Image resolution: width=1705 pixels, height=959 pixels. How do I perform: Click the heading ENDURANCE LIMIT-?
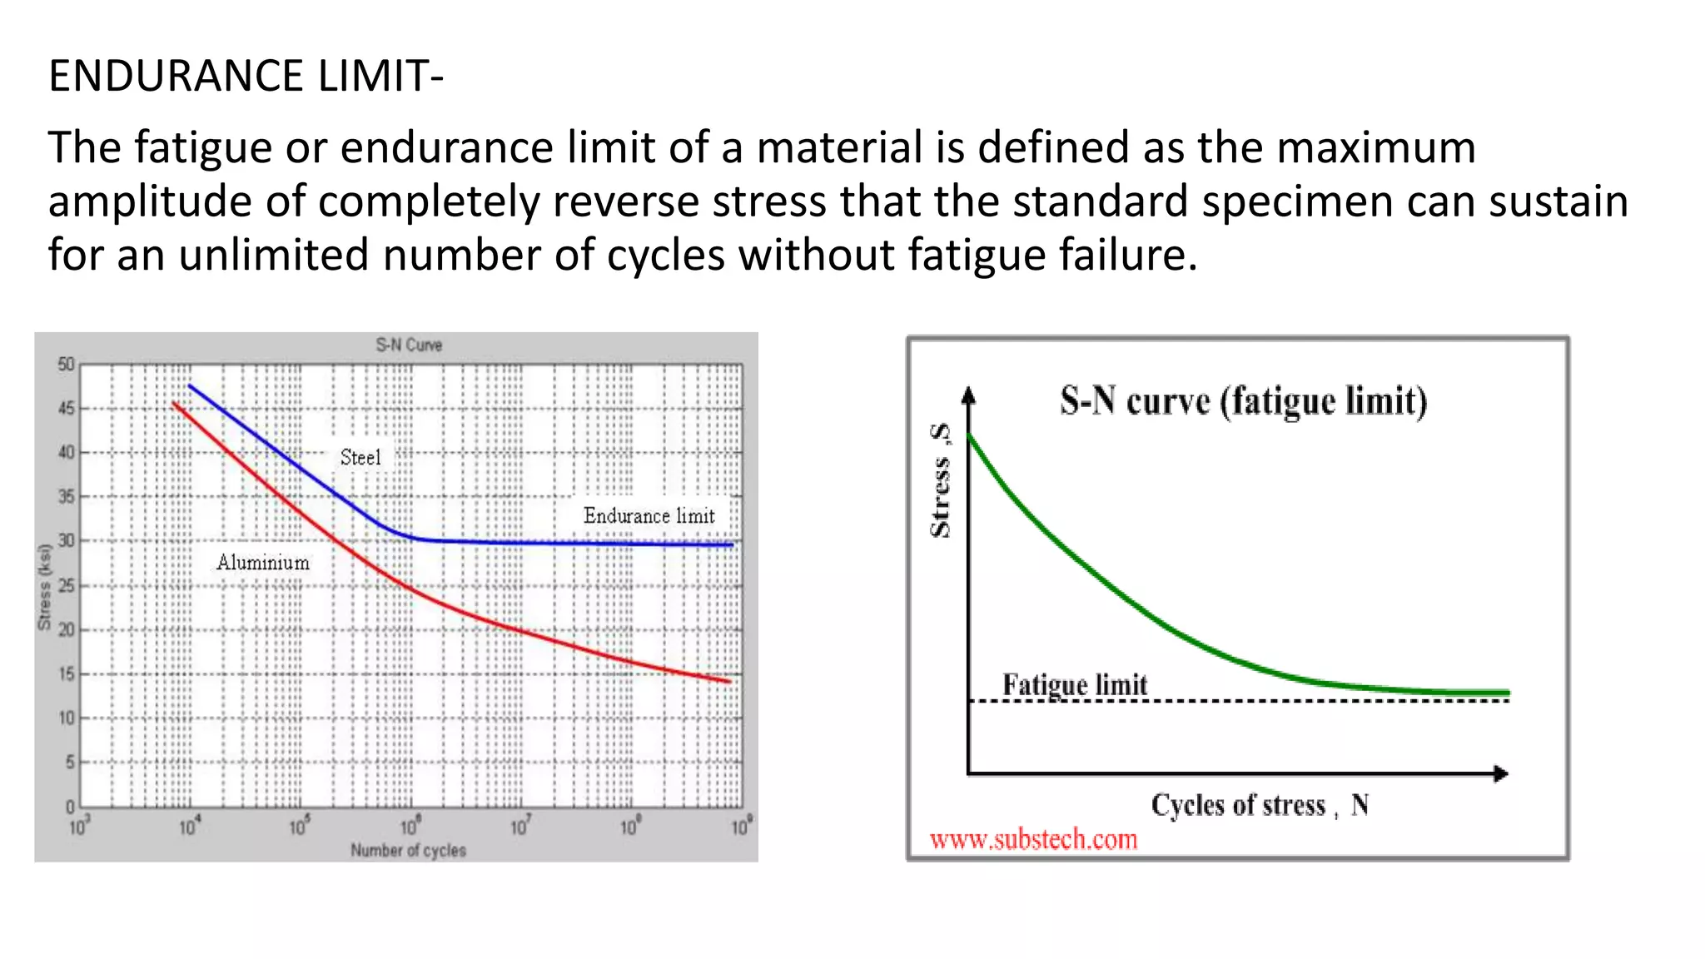click(246, 76)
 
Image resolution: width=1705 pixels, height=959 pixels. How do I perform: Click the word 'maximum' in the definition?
click(1375, 148)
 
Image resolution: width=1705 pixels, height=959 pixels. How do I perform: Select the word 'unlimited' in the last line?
click(273, 256)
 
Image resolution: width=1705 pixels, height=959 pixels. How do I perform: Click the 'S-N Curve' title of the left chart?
click(408, 345)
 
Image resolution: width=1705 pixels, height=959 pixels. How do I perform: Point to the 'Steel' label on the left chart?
click(360, 457)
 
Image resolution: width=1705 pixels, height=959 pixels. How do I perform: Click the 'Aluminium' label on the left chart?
click(263, 563)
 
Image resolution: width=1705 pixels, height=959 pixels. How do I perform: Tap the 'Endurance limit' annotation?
click(649, 516)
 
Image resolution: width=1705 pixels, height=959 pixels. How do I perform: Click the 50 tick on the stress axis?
click(66, 365)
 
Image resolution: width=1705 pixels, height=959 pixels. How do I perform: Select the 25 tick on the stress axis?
click(66, 585)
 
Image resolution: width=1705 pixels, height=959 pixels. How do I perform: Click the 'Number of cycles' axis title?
click(408, 850)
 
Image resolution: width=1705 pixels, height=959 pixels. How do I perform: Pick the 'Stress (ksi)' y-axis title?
click(45, 587)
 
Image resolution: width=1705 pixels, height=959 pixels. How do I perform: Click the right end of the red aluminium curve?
click(728, 681)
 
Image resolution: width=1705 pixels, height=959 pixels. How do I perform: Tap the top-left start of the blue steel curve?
click(191, 386)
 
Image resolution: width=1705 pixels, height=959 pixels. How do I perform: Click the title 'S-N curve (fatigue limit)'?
click(1243, 401)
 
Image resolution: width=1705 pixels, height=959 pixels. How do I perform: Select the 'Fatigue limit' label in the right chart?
click(1074, 685)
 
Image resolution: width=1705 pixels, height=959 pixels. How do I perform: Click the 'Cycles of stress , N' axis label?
click(1260, 805)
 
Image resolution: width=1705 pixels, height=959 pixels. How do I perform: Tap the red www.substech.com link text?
click(1033, 839)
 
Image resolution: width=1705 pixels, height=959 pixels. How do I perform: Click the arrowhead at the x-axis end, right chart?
click(1500, 773)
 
